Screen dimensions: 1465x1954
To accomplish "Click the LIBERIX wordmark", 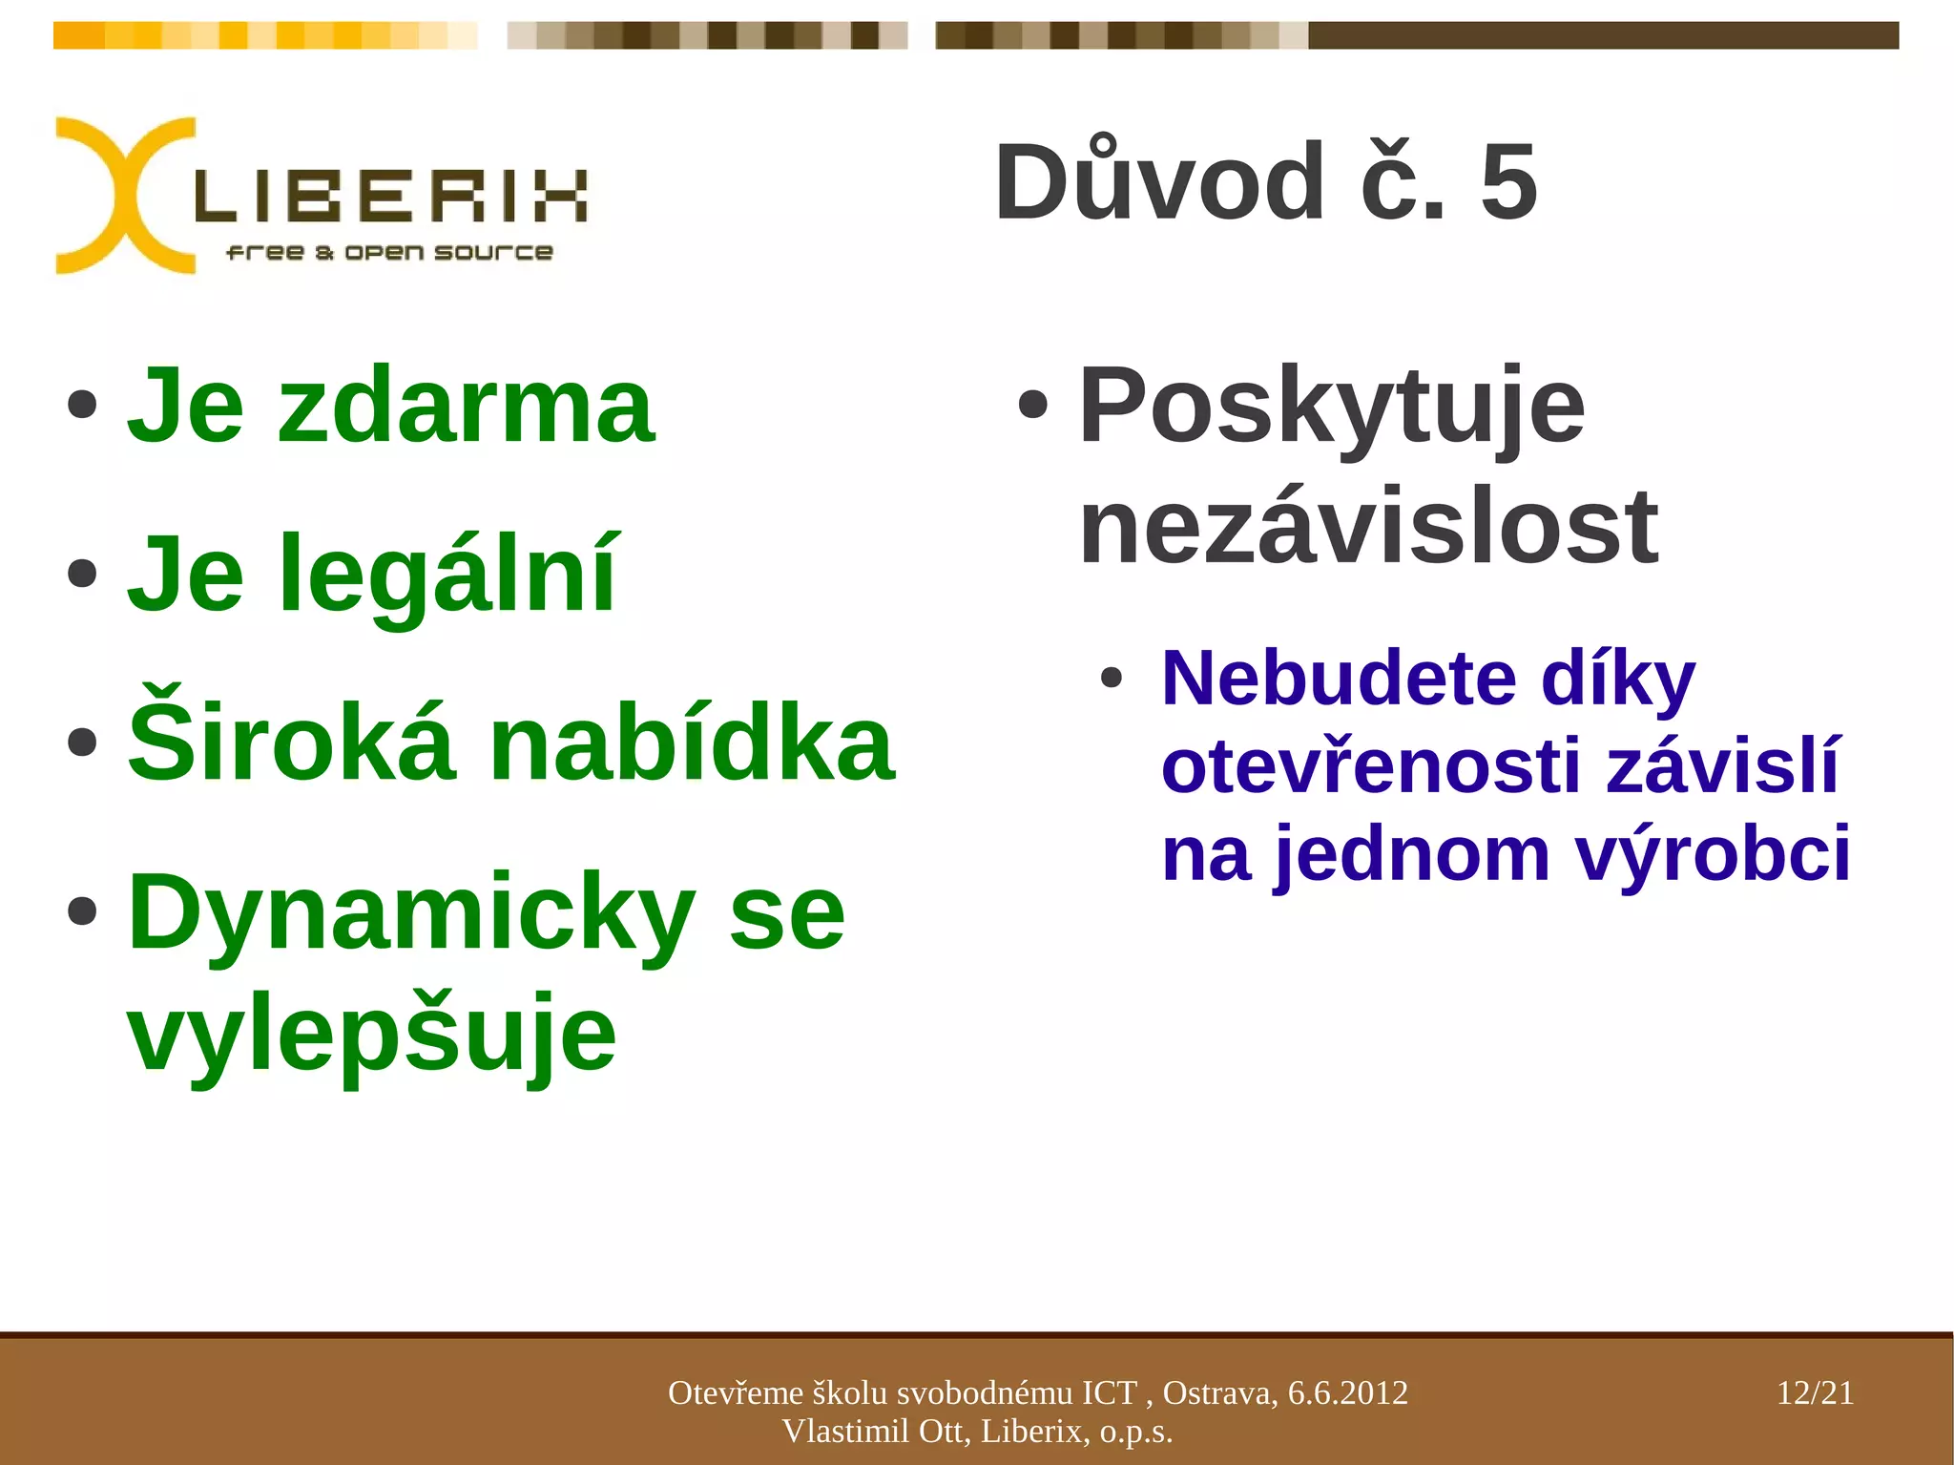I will [391, 197].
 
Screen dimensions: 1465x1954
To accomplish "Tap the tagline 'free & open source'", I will [389, 252].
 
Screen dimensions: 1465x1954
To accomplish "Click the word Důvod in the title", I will [1159, 181].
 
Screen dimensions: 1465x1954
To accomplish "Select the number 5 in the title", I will [1508, 181].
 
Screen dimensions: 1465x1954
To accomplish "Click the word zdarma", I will [466, 408].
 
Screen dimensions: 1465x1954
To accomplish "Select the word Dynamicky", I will [410, 914].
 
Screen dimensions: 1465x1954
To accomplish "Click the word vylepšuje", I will [372, 1035].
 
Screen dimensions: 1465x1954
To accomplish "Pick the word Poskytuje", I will [1331, 408].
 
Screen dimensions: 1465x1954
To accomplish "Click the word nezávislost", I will [1369, 527].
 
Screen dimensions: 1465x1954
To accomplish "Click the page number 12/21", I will [1815, 1393].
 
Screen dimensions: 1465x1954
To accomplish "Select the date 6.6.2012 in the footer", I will [1347, 1393].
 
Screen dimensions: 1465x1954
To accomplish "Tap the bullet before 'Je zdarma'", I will [83, 405].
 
